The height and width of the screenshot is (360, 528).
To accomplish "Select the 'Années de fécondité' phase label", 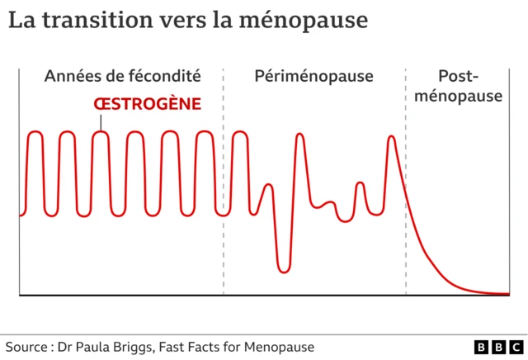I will (x=122, y=77).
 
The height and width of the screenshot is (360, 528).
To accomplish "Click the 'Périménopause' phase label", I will (x=315, y=77).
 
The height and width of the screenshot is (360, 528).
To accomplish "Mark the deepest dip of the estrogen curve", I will (x=284, y=269).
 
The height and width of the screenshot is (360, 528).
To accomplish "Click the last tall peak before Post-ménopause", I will (x=392, y=137).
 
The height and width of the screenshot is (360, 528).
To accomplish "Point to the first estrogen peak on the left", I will (x=35, y=132).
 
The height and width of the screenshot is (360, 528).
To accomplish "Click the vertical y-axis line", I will (x=19, y=182).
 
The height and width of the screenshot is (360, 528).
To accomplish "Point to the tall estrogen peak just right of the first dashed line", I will (x=240, y=132).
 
